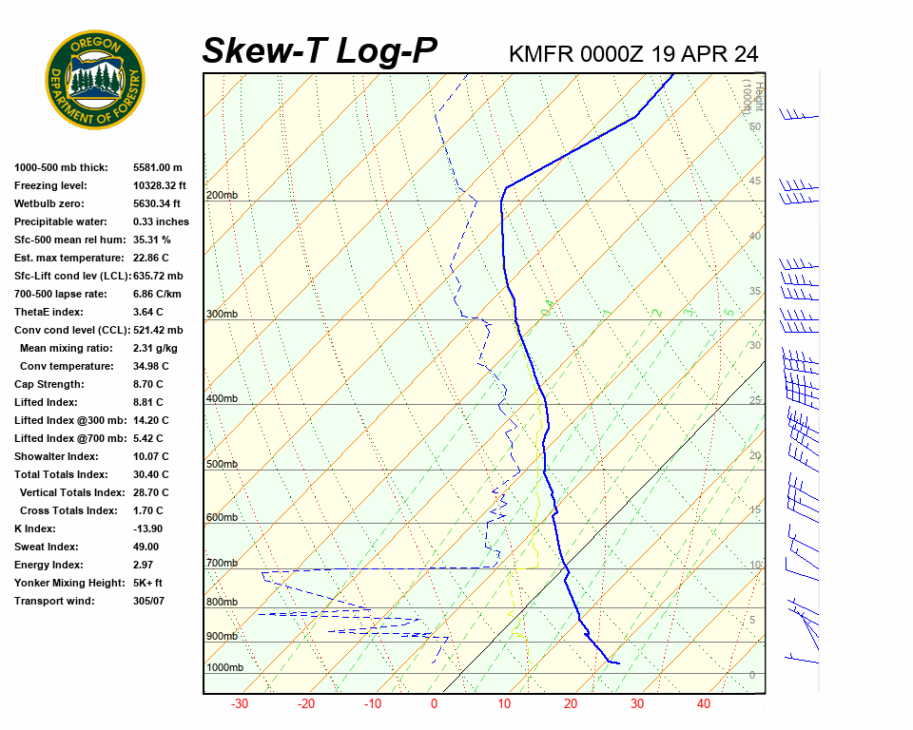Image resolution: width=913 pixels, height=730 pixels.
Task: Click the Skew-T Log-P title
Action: coord(320,51)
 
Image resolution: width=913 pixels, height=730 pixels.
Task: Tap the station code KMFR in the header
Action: coord(540,54)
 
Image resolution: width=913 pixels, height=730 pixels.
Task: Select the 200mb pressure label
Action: coord(222,196)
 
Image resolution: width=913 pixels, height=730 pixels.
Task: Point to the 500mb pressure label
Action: coord(222,465)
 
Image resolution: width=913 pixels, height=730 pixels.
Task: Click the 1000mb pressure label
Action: coord(224,667)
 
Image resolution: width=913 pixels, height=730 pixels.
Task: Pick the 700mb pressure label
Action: coord(222,564)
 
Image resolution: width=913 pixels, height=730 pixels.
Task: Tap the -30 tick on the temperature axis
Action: coord(240,704)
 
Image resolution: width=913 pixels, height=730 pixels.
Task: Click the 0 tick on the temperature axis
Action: coord(435,704)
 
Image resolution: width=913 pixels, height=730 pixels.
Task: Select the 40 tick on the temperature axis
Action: coord(704,704)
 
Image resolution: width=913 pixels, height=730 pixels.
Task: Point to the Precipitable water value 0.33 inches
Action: coord(161,221)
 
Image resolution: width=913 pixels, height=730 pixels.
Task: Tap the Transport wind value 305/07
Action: coord(149,601)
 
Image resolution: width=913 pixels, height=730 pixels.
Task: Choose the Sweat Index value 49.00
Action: coord(146,547)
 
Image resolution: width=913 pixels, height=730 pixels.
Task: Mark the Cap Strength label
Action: coord(49,384)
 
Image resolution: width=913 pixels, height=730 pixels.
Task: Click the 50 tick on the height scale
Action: coord(754,126)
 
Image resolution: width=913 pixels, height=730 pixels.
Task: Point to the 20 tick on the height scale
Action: coord(754,455)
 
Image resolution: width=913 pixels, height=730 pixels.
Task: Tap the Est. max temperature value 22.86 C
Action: coord(152,258)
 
